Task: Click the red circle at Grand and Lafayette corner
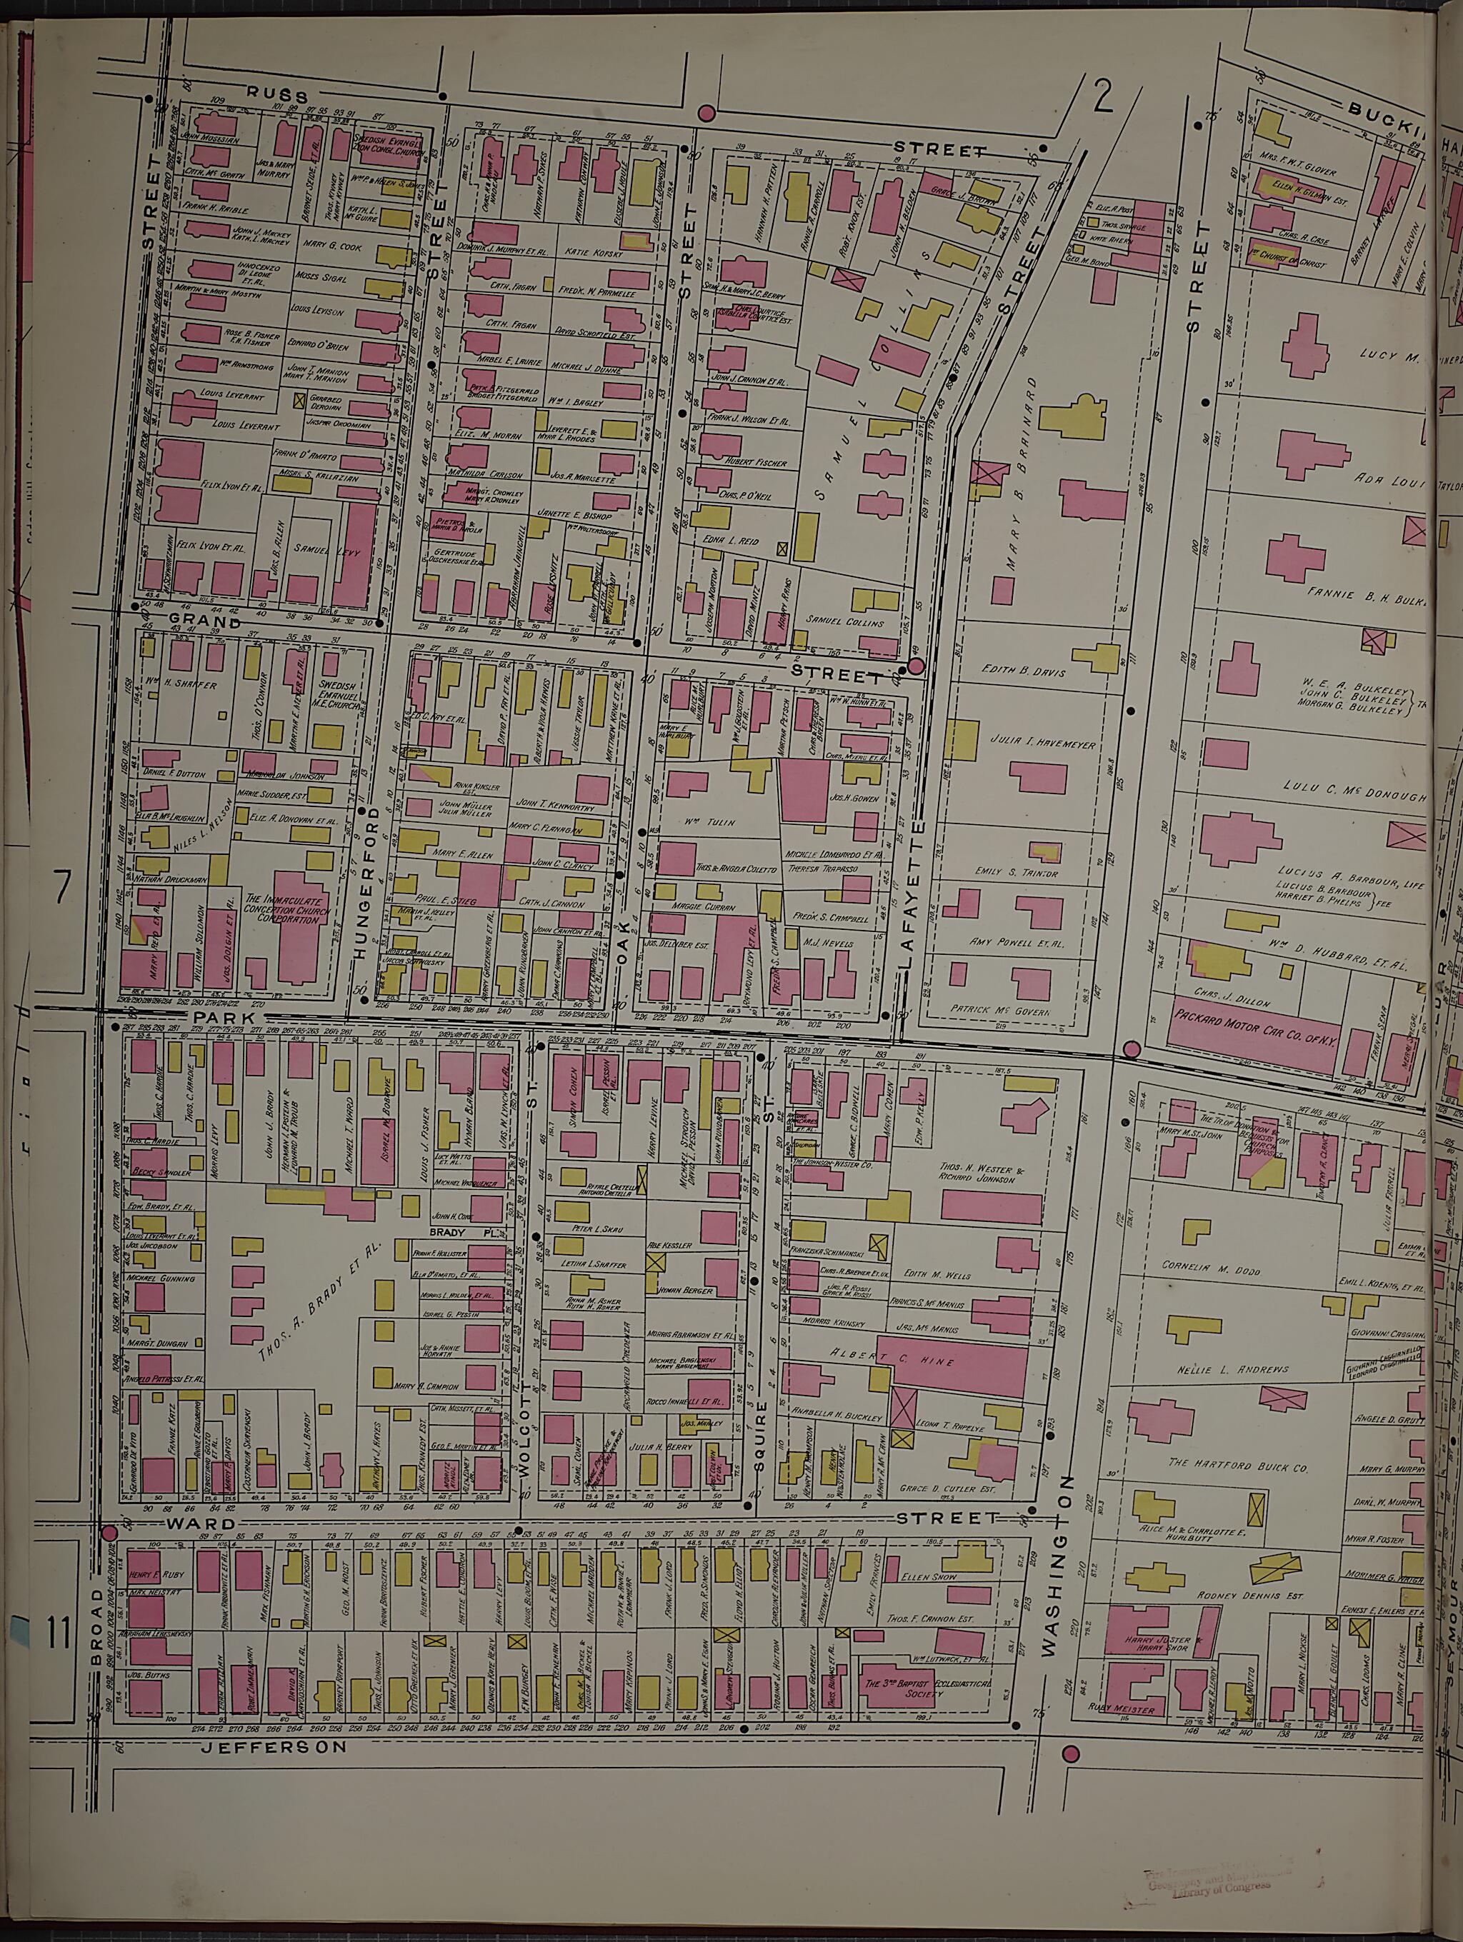click(915, 666)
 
